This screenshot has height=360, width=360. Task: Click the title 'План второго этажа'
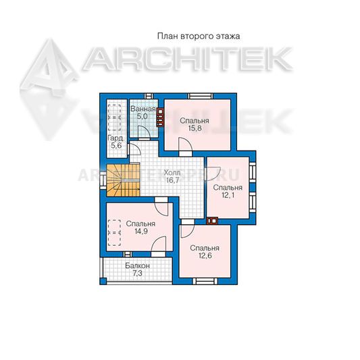tap(199, 36)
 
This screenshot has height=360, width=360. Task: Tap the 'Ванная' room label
tap(143, 109)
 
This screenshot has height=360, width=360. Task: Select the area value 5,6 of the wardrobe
tap(116, 146)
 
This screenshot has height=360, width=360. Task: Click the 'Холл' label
tap(172, 172)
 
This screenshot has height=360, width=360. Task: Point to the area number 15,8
tap(195, 128)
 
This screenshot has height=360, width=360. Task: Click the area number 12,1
tap(228, 195)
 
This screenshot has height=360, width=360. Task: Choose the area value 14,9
tap(140, 232)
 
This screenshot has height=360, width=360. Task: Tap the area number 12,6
tap(205, 255)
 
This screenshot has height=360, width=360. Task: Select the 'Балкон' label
tap(137, 265)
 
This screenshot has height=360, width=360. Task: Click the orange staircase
tap(123, 180)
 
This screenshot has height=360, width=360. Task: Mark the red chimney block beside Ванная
tap(160, 117)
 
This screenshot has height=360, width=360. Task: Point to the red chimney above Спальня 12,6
tap(212, 221)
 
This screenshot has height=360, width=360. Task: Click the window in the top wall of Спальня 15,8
tap(200, 96)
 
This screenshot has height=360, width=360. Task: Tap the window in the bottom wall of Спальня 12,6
tap(205, 281)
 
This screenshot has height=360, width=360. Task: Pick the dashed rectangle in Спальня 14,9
tap(114, 233)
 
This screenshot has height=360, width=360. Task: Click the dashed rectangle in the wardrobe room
tap(114, 118)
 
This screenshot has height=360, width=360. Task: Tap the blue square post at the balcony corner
tap(103, 281)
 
